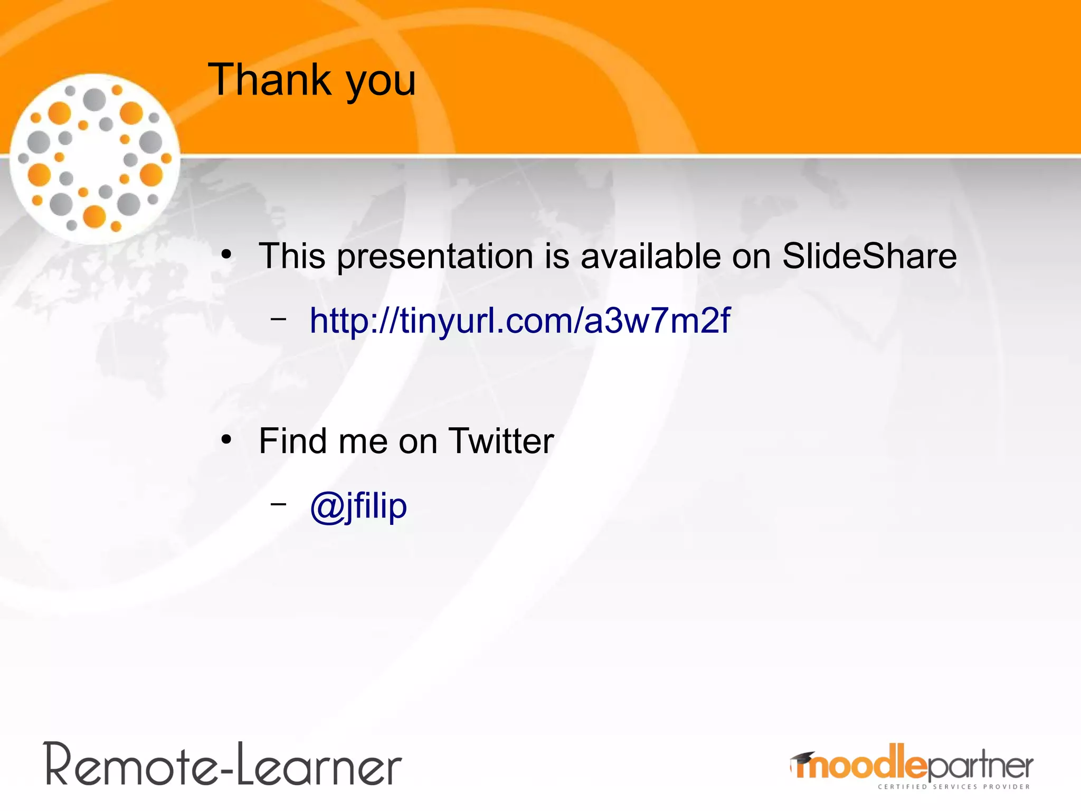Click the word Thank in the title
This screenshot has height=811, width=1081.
click(x=269, y=80)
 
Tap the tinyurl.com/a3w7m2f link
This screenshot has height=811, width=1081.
click(x=519, y=320)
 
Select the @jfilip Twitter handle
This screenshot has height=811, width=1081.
click(x=358, y=506)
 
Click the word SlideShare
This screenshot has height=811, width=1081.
click(x=869, y=256)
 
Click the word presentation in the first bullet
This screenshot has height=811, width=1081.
click(x=435, y=257)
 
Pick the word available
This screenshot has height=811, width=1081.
click(x=650, y=256)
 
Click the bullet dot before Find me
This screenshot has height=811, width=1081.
click(x=226, y=440)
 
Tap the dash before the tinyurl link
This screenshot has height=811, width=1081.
click(x=278, y=319)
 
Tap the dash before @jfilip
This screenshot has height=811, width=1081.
click(x=278, y=504)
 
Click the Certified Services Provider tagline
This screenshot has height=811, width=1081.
click(x=953, y=787)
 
